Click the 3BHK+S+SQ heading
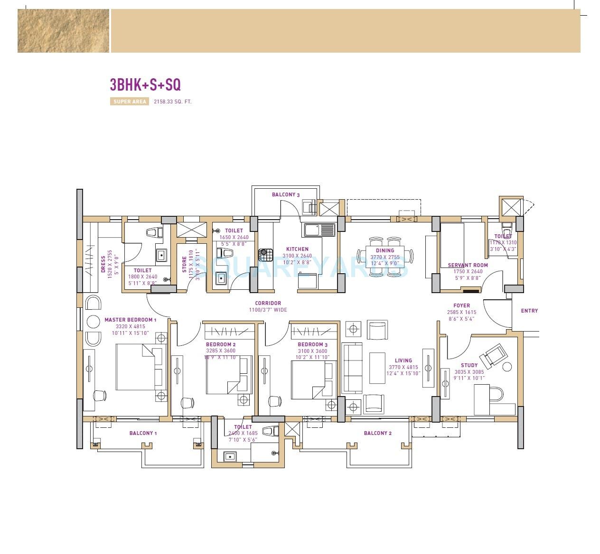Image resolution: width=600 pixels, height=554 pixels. tap(145, 84)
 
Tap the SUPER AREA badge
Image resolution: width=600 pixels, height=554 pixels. tap(130, 102)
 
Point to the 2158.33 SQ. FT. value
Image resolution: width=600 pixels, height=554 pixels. tap(172, 102)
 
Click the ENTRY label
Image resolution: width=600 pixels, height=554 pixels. tap(529, 311)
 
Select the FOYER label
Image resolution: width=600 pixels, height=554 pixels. tap(461, 306)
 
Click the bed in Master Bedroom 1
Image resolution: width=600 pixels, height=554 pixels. tap(141, 367)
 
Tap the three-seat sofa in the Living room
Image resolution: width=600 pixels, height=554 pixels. tap(352, 369)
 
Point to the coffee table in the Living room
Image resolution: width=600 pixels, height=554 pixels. tap(377, 366)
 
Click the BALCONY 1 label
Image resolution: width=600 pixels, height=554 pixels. tap(143, 433)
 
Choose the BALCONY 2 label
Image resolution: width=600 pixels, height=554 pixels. tap(377, 433)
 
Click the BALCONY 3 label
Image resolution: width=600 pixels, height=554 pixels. tap(285, 194)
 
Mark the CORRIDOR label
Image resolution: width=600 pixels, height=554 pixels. tap(268, 303)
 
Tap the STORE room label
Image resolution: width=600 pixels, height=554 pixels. tap(185, 265)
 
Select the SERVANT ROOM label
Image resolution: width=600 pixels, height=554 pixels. tap(468, 266)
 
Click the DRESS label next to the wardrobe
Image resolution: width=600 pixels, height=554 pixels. tap(103, 264)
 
